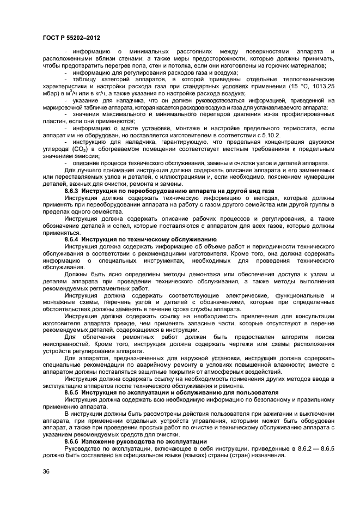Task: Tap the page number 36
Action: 45,471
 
